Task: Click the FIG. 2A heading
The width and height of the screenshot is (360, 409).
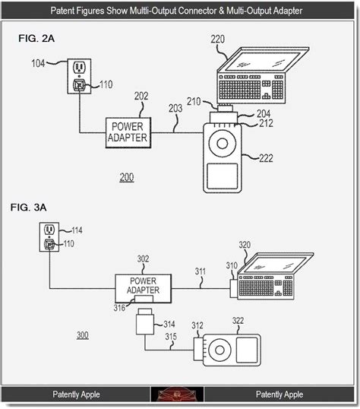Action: [x=36, y=39]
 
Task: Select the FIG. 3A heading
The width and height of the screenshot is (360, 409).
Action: [x=28, y=208]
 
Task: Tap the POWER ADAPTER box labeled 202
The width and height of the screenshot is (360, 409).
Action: [x=128, y=133]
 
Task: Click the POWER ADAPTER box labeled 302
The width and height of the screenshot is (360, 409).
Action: [x=143, y=288]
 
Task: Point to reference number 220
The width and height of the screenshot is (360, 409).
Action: [x=218, y=39]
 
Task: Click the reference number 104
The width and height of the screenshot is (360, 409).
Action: [x=38, y=63]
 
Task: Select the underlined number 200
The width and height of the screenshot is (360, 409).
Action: [x=127, y=177]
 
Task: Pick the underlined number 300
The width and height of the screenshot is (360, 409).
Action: [x=83, y=335]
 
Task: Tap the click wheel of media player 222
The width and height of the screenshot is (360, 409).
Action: [x=223, y=143]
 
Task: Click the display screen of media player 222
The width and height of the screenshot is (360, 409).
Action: [x=223, y=176]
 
